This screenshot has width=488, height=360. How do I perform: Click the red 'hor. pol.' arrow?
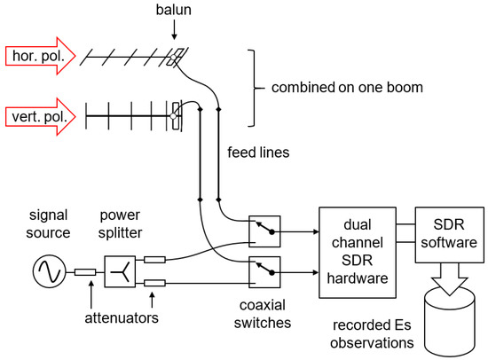pos(41,56)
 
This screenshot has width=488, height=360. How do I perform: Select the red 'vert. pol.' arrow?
pos(41,117)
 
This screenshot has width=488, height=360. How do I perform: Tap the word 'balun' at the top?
pos(173,10)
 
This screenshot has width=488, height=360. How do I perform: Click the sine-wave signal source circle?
pos(49,271)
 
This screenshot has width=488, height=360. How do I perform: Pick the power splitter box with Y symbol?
pos(120,271)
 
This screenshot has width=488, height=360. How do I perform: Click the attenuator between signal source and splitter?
pos(85,272)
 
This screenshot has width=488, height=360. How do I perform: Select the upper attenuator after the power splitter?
pos(154,260)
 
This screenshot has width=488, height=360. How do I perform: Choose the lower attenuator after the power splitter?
pos(154,283)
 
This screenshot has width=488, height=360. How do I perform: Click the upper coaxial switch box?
pos(264,231)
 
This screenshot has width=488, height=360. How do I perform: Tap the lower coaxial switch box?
pos(264,272)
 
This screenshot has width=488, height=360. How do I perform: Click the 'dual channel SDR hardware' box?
pos(358,253)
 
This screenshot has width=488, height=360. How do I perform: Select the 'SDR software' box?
pos(450,235)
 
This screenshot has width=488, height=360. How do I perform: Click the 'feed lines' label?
pos(258,153)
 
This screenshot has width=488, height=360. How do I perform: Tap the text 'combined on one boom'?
pos(347,88)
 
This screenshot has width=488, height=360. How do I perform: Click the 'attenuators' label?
pos(122,318)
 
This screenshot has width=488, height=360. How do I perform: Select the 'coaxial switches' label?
pos(263,314)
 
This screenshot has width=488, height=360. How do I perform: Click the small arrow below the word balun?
pos(174,30)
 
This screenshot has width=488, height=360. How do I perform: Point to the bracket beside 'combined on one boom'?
pos(254,88)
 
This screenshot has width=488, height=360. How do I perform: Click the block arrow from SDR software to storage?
pos(450,279)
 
